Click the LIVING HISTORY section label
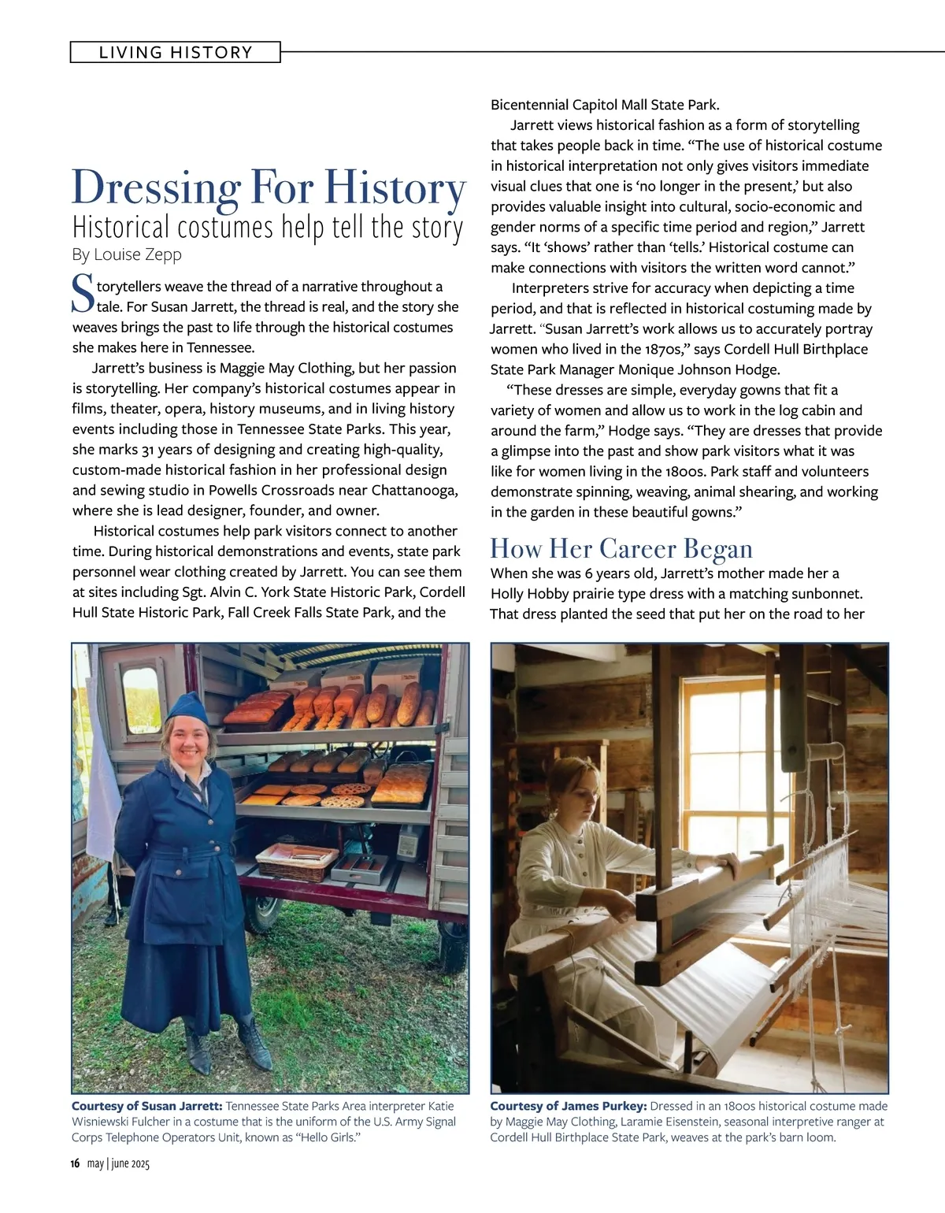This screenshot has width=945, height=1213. (x=176, y=53)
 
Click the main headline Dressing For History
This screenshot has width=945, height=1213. (x=269, y=189)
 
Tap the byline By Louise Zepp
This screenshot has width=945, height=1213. (x=127, y=254)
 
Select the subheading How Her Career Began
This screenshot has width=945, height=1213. (x=621, y=548)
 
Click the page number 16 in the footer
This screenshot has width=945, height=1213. (x=76, y=1164)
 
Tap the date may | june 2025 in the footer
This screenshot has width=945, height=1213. (x=118, y=1164)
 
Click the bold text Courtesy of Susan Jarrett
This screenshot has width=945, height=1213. (x=146, y=1106)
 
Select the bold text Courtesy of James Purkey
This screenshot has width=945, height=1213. (x=568, y=1106)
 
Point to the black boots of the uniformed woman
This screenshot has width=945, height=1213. (x=228, y=1040)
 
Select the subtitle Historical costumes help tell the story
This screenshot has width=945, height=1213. (x=268, y=227)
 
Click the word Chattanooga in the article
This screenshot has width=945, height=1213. (x=414, y=490)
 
